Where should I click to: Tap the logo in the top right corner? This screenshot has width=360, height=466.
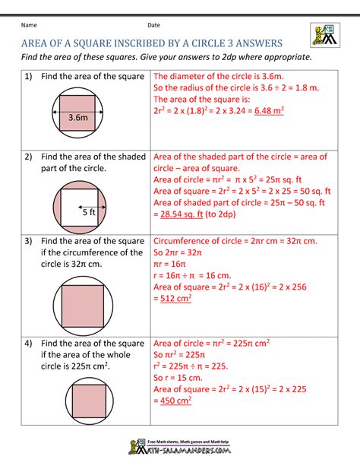[324, 35]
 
